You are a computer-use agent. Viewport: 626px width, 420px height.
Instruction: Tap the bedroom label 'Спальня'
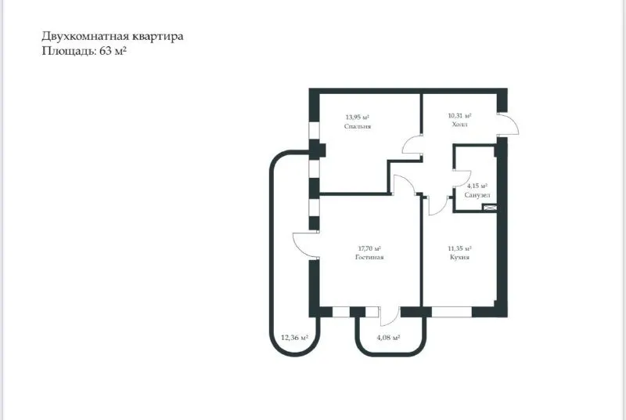[357, 125]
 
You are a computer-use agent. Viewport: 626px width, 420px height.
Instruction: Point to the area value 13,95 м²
[357, 118]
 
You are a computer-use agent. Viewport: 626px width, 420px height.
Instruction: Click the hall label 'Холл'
[459, 124]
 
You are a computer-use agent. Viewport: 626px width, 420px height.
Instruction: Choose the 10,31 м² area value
[459, 116]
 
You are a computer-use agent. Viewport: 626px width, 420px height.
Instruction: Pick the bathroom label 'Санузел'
[477, 194]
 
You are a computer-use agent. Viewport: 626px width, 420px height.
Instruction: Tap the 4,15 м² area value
[477, 186]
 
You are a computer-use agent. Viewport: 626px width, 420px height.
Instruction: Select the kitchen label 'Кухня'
[459, 257]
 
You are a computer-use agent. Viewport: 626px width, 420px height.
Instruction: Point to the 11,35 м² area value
[459, 248]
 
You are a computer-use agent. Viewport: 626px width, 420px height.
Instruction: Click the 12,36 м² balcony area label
[294, 338]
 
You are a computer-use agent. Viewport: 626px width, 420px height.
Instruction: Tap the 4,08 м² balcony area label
[388, 338]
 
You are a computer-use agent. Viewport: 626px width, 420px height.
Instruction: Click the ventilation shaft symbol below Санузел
[491, 208]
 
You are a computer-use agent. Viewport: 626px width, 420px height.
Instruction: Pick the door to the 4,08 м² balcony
[388, 315]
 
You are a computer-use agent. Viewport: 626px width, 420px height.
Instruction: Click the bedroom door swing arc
[409, 146]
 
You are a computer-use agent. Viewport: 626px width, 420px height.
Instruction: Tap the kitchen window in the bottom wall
[451, 311]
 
